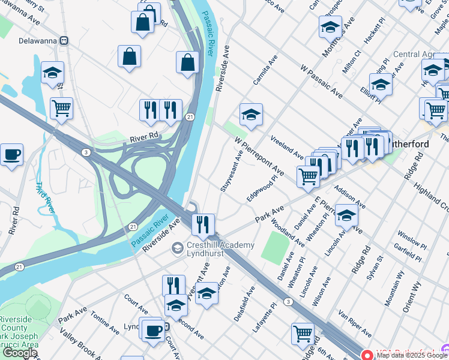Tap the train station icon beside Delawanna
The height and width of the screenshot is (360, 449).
tap(62, 41)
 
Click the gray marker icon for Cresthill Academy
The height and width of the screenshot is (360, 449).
tap(177, 247)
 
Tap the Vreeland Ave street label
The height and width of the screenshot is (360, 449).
tap(287, 147)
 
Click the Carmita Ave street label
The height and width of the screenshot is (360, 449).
tap(264, 71)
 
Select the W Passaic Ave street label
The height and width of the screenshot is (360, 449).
tap(322, 83)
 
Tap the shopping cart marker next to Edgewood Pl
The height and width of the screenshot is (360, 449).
tap(308, 177)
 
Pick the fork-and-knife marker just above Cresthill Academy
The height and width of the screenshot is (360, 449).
tap(203, 225)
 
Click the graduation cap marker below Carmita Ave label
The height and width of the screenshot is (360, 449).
tap(251, 114)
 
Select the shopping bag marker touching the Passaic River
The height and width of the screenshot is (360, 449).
tap(188, 62)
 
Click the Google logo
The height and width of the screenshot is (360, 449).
tap(20, 353)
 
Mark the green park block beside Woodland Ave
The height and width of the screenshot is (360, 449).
tap(274, 246)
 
